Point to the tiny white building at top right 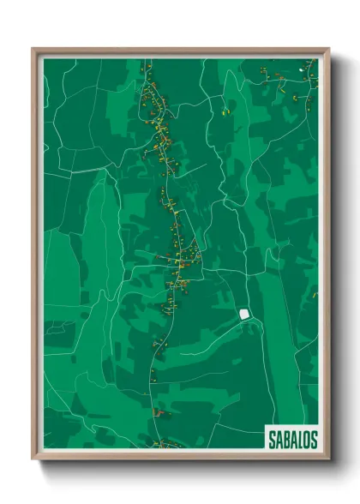point(300,69)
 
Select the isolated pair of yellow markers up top point(228,110)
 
